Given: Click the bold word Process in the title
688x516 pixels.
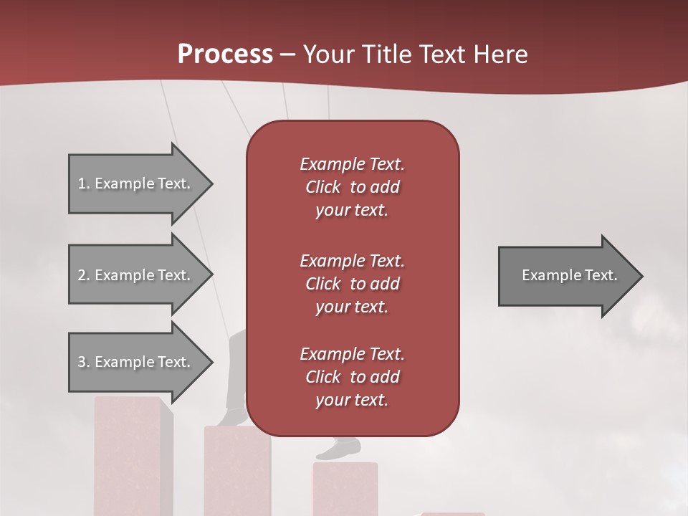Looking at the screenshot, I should tap(225, 54).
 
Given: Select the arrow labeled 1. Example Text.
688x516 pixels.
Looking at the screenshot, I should tap(136, 183).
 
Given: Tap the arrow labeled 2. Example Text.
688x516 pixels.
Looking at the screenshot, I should tap(136, 275).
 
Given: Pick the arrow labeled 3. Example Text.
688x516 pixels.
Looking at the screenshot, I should tap(136, 362).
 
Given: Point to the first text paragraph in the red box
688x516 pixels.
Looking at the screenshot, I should tap(352, 187).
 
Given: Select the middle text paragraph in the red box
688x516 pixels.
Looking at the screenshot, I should tap(352, 284).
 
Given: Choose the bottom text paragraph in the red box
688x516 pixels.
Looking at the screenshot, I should tap(352, 377).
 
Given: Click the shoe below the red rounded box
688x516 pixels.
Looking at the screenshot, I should tap(340, 449).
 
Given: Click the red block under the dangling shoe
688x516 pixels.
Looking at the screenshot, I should tap(345, 489).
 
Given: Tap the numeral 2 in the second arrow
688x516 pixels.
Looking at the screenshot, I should tap(82, 275).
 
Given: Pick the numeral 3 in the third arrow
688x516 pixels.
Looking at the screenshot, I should tap(82, 362).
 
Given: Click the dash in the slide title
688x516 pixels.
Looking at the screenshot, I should tap(287, 55).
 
